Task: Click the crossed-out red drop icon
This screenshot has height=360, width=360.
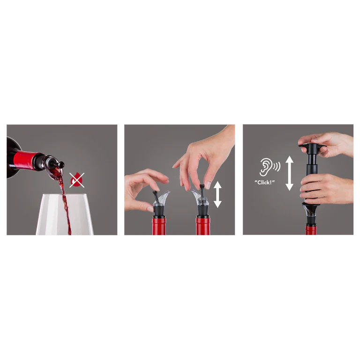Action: pyautogui.click(x=77, y=180)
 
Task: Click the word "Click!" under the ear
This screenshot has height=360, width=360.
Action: pyautogui.click(x=264, y=182)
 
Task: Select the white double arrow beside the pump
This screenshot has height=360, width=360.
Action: pyautogui.click(x=289, y=173)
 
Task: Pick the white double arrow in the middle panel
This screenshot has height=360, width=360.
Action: pyautogui.click(x=217, y=194)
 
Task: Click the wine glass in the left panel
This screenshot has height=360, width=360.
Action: pyautogui.click(x=65, y=214)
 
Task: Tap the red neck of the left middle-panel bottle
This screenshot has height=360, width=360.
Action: pyautogui.click(x=159, y=226)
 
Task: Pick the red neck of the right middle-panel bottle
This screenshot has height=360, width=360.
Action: pyautogui.click(x=203, y=226)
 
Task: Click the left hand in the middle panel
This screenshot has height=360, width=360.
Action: pyautogui.click(x=144, y=189)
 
